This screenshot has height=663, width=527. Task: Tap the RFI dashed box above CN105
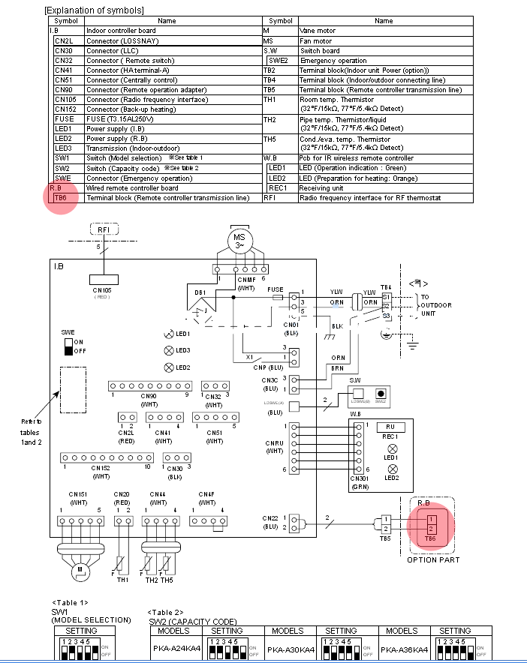pos(103,229)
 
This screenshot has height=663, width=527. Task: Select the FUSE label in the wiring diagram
pos(276,289)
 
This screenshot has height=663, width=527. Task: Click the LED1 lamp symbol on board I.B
pos(169,334)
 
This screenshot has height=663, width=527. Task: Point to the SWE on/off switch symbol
pos(69,346)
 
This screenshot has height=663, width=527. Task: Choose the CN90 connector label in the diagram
pos(148,396)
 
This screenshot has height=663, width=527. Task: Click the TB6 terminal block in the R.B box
pos(430,523)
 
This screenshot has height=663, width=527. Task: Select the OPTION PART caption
pos(433,559)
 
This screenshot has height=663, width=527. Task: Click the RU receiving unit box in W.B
pos(390,426)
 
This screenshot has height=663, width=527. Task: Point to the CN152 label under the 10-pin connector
pos(101,468)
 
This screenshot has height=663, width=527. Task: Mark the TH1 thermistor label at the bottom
pos(122,580)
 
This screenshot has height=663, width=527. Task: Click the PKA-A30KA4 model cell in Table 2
pos(288,649)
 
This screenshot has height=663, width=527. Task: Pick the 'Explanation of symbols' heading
pos(95,10)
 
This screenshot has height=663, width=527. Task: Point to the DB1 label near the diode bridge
pos(199,292)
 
